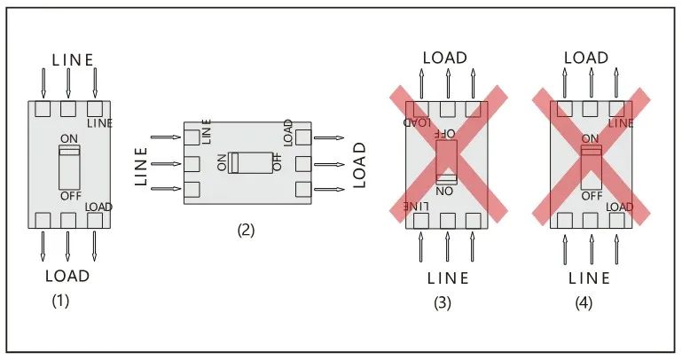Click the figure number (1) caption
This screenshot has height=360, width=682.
pos(59,301)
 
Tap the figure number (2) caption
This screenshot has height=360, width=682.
pos(246,230)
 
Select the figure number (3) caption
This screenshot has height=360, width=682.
pos(443,303)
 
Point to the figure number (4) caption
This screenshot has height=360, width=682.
pos(584,303)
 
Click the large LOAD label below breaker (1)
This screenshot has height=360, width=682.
pos(67,276)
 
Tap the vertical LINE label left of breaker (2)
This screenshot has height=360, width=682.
pos(141,165)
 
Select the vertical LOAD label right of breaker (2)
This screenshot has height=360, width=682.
pos(360,164)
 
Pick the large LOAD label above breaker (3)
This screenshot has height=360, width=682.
pos(445,58)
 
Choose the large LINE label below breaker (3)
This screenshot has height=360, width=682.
pos(448,278)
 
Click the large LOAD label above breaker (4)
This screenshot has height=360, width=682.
pos(586,58)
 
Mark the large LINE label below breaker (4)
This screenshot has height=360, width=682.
pos(590,278)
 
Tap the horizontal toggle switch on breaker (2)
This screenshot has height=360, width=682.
pos(247,162)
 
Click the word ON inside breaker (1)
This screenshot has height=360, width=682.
pos(68,138)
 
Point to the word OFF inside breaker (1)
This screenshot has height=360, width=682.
pos(70,195)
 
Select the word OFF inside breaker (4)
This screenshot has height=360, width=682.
pos(592,195)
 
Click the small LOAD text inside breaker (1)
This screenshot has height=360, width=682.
pos(98,207)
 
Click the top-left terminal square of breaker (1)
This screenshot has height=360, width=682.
pos(42,110)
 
